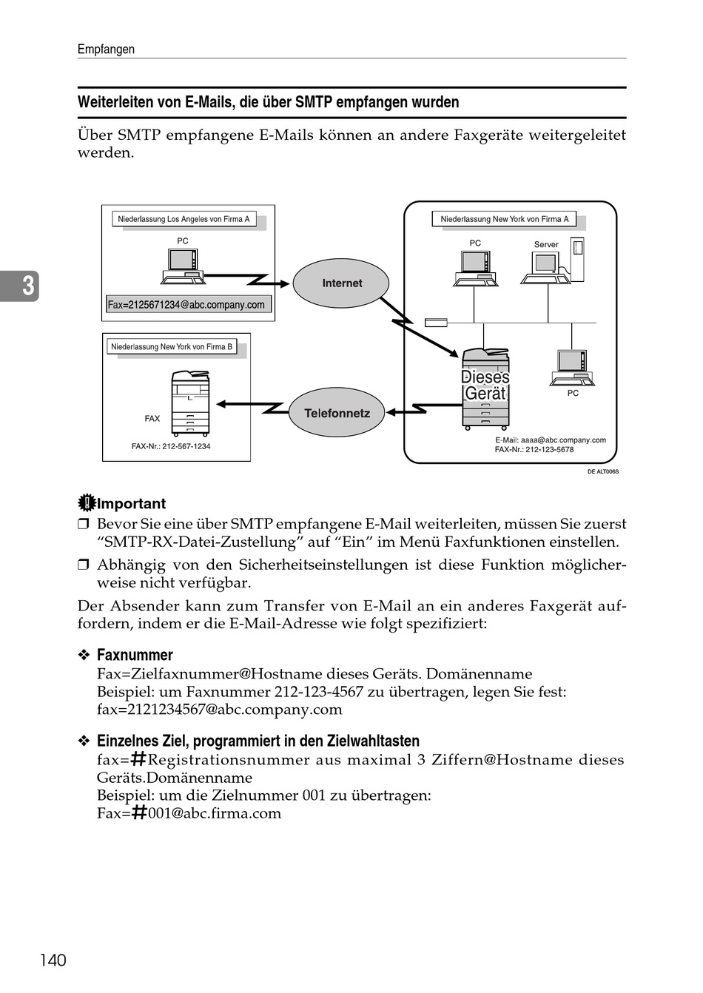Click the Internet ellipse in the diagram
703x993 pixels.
(341, 283)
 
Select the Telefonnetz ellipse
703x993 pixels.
(337, 413)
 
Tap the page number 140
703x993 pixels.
(53, 960)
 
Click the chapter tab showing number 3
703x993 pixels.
(19, 286)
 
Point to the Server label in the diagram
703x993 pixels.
(546, 244)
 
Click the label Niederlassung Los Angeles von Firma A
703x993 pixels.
(184, 219)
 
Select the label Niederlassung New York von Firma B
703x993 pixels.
(172, 347)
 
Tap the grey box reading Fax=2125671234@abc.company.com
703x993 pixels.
(188, 305)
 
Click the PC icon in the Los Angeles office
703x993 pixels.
(183, 266)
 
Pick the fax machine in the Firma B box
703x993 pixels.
(190, 403)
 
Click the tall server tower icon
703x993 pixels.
(577, 259)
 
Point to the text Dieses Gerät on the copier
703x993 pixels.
(485, 386)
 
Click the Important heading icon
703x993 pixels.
(87, 503)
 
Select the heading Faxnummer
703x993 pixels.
(135, 654)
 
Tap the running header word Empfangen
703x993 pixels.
(106, 49)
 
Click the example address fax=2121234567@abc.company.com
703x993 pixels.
(220, 710)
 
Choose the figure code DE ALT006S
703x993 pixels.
(603, 471)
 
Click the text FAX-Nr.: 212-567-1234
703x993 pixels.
(171, 446)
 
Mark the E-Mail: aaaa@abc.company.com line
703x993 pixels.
(550, 440)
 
